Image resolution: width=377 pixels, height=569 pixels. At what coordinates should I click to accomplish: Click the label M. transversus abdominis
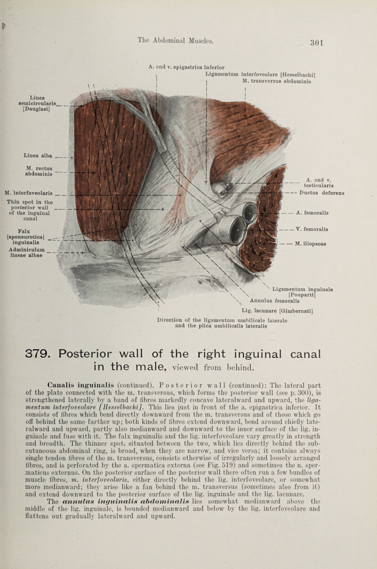point(281,79)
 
